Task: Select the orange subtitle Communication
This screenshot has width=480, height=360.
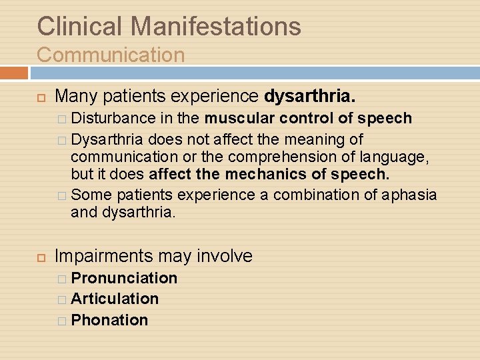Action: coord(111,55)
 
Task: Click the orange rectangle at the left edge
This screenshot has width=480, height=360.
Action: coord(13,73)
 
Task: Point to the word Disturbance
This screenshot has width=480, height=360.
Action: coord(113,119)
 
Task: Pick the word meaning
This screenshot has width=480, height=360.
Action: coord(319,139)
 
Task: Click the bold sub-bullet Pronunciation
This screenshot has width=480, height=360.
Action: coord(124,278)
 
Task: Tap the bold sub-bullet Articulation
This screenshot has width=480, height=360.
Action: coord(115,299)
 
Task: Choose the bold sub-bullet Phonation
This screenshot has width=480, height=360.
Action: coord(109,320)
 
